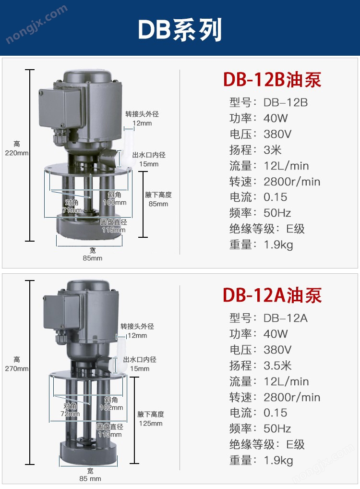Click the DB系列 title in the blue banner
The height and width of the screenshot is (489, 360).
[x=180, y=29]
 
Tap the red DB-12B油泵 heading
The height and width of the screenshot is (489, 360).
[x=272, y=80]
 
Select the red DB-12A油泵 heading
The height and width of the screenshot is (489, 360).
[x=272, y=295]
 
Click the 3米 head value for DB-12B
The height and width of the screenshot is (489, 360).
[x=273, y=150]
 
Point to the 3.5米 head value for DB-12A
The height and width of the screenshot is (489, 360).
[x=277, y=366]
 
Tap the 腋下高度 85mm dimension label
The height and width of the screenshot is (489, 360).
[x=158, y=199]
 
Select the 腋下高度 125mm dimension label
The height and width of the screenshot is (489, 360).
[x=151, y=419]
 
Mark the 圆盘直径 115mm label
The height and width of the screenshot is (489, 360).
[x=113, y=226]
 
